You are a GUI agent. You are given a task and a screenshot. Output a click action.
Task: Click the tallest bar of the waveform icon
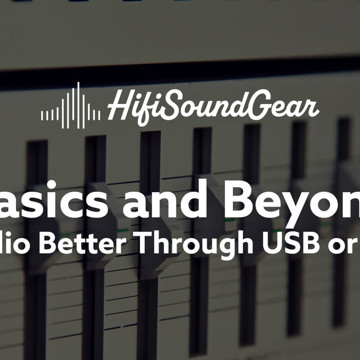pyautogui.click(x=78, y=106)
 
